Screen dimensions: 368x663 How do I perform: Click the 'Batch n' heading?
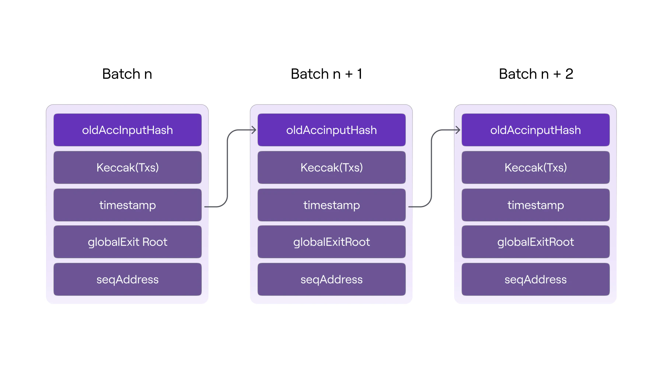tap(127, 74)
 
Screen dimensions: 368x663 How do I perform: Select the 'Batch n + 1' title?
tap(326, 74)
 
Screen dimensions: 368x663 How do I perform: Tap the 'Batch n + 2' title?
tap(536, 74)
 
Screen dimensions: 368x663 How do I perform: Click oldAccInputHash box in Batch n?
tap(127, 130)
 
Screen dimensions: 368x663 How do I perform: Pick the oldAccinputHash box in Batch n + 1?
tap(331, 130)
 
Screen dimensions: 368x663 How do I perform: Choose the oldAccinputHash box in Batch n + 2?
tap(536, 130)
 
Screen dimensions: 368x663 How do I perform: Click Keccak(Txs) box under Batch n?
tap(127, 167)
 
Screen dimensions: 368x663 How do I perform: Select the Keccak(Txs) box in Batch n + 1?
tap(331, 167)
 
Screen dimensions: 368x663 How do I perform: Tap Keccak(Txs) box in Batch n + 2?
tap(536, 167)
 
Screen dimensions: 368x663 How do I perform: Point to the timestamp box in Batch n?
tap(127, 205)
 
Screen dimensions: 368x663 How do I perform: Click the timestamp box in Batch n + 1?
tap(331, 205)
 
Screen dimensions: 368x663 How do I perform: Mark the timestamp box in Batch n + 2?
tap(536, 205)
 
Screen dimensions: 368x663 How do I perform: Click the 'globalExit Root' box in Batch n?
tap(127, 242)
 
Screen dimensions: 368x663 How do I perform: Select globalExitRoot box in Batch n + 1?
tap(331, 242)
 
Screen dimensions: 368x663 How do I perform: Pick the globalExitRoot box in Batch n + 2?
tap(536, 242)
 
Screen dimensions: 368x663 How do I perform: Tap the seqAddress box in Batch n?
tap(127, 279)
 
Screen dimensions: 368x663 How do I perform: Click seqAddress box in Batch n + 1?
tap(331, 279)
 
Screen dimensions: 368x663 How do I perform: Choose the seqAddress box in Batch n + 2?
tap(536, 279)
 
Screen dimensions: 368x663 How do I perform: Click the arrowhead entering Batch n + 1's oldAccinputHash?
tap(254, 130)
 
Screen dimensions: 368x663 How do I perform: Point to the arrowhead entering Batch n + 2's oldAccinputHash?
tap(458, 130)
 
